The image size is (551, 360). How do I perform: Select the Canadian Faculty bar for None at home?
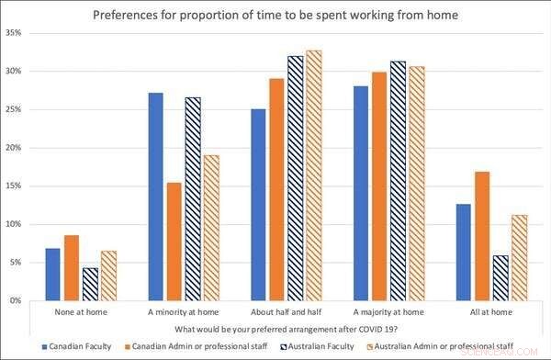pos(52,275)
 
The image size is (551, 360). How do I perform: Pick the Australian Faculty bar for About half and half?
pos(295,178)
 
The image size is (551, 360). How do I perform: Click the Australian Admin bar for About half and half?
pos(315,175)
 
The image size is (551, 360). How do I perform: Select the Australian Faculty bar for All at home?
pos(500,277)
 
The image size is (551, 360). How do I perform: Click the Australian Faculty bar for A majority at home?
pos(398,181)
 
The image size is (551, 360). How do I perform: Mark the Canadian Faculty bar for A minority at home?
pos(155,197)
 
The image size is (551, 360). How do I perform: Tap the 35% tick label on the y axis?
pos(13,33)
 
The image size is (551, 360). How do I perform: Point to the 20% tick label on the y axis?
pos(13,148)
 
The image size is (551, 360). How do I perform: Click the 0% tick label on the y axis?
pos(16,300)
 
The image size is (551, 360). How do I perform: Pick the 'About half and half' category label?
pos(285,312)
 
